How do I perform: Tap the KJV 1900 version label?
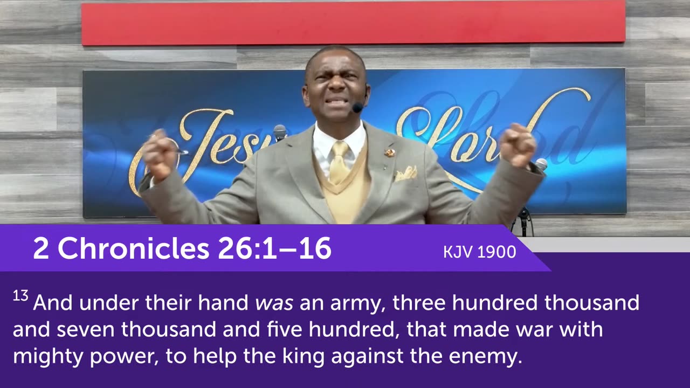[x=479, y=252]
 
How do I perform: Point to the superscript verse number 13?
[x=20, y=297]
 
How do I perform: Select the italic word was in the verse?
[x=274, y=303]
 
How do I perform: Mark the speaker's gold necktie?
[x=339, y=162]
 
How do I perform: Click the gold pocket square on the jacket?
[x=405, y=174]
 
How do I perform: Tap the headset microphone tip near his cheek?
[x=357, y=107]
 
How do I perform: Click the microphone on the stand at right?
[x=541, y=164]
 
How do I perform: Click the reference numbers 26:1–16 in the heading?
[x=274, y=248]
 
